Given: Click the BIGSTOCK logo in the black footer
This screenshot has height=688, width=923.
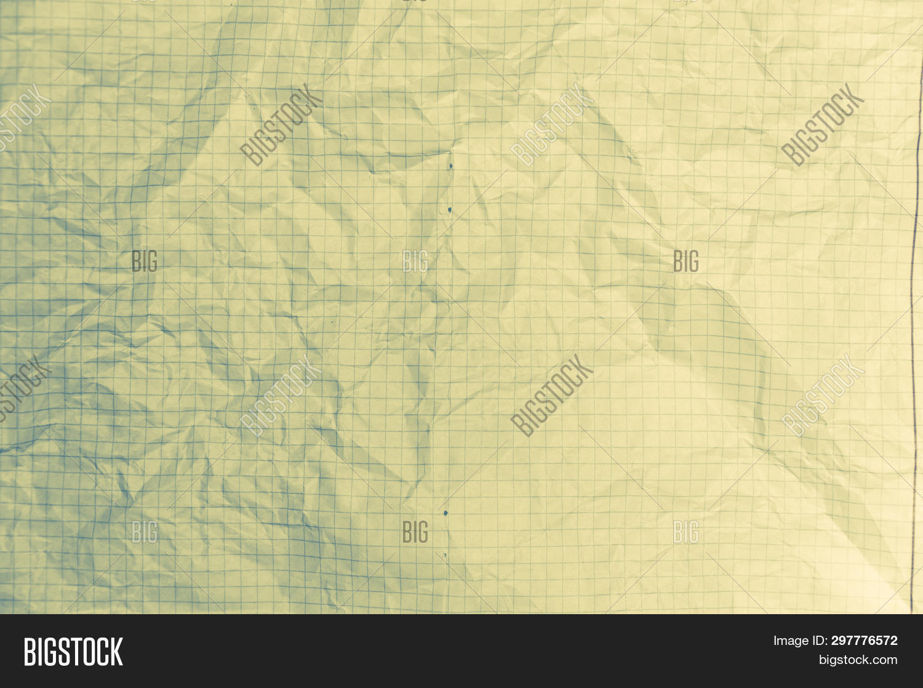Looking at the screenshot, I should point(73,651).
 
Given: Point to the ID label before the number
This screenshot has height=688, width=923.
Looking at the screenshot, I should point(819,641).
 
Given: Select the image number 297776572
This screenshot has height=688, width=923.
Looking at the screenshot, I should point(864,641).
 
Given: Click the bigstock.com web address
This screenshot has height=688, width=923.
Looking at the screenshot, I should point(858,660).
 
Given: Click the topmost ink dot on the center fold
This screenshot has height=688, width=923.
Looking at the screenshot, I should point(451,166).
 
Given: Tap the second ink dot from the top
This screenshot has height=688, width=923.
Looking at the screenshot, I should point(450,210).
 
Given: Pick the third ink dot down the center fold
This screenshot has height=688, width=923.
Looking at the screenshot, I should point(445,511).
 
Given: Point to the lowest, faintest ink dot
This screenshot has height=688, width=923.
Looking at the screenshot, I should point(445,555).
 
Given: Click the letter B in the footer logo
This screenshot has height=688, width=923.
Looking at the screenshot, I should point(30,651).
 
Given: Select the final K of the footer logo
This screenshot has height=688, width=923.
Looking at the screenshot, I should point(117,651).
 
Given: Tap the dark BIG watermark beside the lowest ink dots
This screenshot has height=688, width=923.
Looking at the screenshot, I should point(415,532).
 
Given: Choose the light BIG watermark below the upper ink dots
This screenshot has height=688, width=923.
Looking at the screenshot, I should point(415,261).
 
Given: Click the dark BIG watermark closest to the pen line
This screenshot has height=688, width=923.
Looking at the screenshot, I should point(685,261).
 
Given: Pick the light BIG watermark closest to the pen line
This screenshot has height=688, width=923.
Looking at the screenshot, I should point(685,532).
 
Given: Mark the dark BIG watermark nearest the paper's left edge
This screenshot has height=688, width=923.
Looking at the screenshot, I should point(145,261).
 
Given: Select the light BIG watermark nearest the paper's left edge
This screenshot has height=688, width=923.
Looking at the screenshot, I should point(145,532).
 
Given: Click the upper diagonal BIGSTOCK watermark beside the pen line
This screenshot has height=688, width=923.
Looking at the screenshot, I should point(823,124).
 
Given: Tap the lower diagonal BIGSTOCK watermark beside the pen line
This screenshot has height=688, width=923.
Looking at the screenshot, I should point(823,395).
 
